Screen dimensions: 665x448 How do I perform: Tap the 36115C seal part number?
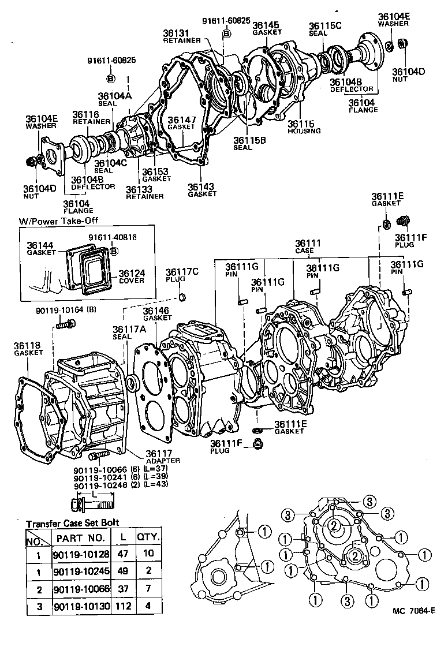click(x=326, y=26)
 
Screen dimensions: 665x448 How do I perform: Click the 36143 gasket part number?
click(x=201, y=186)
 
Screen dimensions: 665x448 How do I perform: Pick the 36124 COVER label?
click(x=132, y=273)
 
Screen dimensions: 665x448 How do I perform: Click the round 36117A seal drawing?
click(x=132, y=383)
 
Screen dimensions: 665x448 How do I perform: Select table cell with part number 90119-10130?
click(x=79, y=606)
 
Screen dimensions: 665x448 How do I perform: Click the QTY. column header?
click(x=147, y=537)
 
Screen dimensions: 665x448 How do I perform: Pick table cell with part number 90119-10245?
click(x=79, y=571)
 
